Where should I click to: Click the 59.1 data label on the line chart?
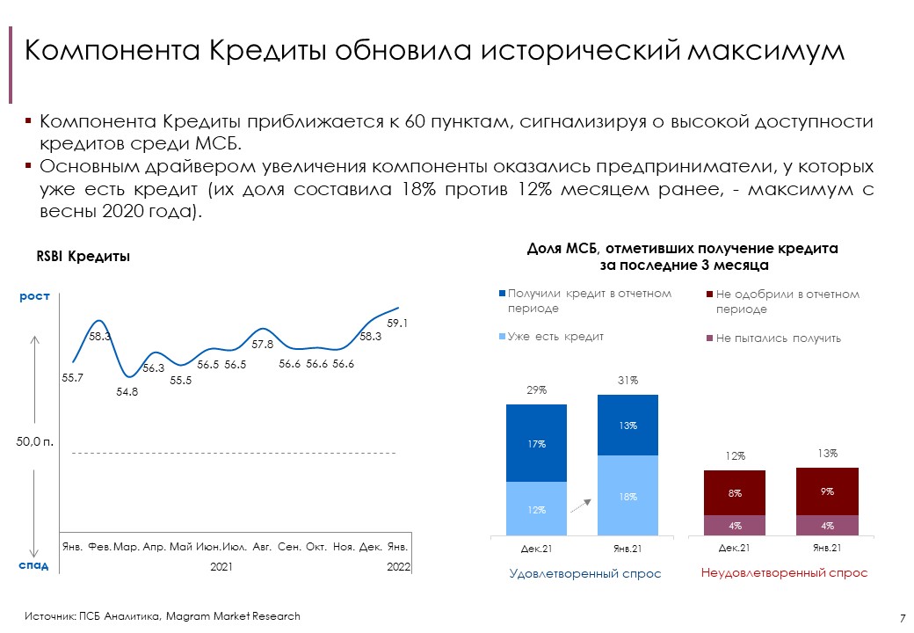(397, 324)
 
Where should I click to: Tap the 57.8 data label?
(262, 344)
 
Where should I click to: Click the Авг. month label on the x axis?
(262, 547)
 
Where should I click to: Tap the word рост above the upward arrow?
(34, 299)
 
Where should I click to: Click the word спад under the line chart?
(34, 565)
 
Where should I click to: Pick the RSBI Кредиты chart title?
(83, 257)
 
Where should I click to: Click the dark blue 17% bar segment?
(537, 444)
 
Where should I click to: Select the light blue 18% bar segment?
(627, 496)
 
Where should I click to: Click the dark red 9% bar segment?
(827, 491)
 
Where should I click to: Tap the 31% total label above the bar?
(627, 381)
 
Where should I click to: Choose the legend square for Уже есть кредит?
(503, 337)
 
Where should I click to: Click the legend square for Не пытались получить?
(710, 338)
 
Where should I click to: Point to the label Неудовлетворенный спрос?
(784, 573)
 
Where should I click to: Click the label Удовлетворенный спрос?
(585, 573)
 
